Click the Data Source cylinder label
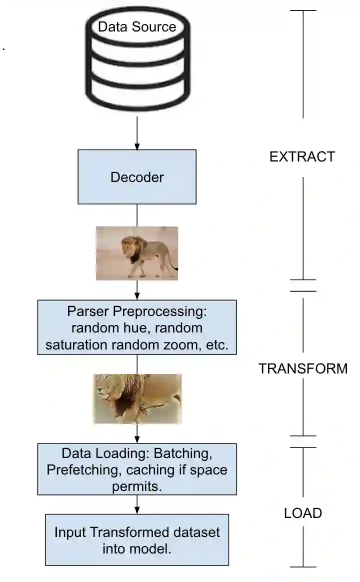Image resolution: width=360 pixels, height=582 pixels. point(136,26)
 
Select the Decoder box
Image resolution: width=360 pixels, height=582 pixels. point(136,177)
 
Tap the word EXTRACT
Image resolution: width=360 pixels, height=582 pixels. point(302,156)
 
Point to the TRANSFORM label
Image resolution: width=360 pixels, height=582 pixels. point(303,368)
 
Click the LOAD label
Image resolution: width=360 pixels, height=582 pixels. point(303,513)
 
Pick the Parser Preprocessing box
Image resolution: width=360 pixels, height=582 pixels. point(136,327)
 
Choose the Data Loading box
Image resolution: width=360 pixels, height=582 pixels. point(136,469)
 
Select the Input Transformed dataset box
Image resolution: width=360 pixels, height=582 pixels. point(136,540)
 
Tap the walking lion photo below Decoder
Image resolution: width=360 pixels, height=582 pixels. point(136,253)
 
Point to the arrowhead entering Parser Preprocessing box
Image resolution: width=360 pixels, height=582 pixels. point(136,296)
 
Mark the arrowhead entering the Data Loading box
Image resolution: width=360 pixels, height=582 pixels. point(136,439)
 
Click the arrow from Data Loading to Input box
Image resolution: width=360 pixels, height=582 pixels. point(136,505)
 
